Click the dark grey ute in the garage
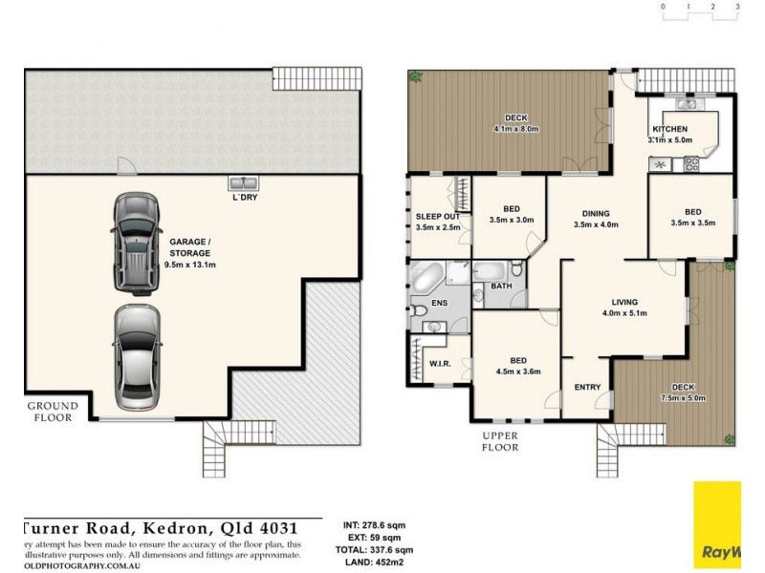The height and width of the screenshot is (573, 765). pos(135,244)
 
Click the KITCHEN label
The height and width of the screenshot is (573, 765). pos(670,130)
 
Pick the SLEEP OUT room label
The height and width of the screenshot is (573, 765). pos(438,217)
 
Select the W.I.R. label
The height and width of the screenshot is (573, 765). pos(440,363)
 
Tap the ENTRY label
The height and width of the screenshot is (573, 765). pos(586,387)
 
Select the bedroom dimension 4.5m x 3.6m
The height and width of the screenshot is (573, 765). pos(518,372)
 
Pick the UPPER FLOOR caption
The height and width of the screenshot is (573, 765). pos(499,441)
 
